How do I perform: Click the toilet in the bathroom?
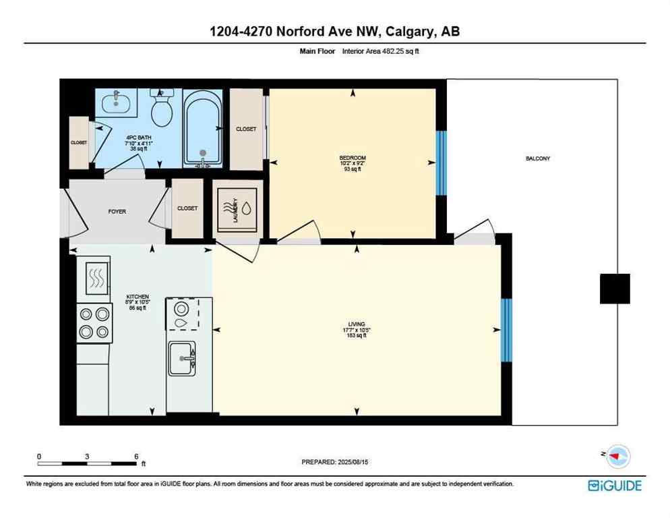point(162,111)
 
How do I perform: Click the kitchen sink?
point(181,358)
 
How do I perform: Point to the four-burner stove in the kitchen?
point(94,323)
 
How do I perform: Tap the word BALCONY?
point(538,159)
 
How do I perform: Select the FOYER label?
point(117,211)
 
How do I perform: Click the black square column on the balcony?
point(615,289)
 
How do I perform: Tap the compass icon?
point(617,457)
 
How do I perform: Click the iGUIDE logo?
point(614,485)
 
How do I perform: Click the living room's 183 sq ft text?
point(357,335)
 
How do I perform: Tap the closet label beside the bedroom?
point(246,129)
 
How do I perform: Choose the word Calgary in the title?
point(408,31)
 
